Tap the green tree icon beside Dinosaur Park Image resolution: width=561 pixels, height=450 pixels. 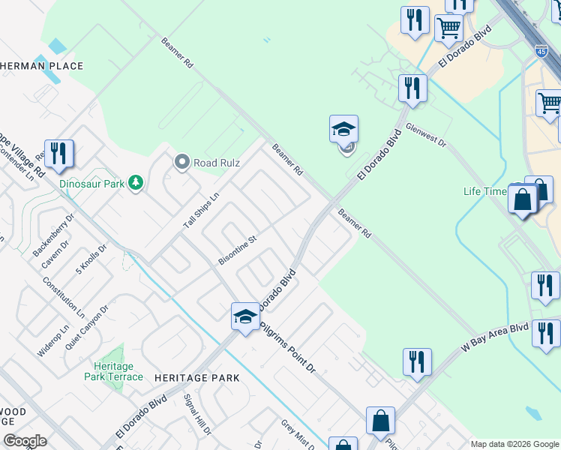click(x=135, y=183)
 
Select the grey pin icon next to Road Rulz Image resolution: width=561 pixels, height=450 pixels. click(x=181, y=161)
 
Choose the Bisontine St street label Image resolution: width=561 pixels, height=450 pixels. click(x=237, y=250)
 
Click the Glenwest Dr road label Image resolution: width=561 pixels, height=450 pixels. click(x=426, y=135)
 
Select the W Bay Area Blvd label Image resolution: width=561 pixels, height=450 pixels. click(x=495, y=338)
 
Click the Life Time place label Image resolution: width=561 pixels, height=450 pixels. click(x=484, y=191)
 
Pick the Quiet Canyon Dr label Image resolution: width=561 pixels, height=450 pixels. click(x=87, y=328)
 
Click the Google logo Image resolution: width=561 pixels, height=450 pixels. click(x=25, y=441)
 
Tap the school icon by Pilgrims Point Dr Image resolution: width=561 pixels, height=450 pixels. click(x=245, y=316)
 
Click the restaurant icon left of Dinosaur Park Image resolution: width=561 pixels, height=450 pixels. click(x=58, y=154)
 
